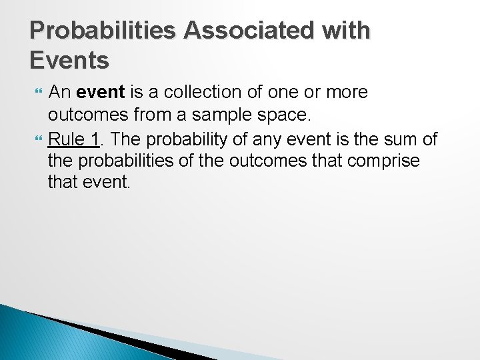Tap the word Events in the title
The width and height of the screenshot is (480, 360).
point(69,60)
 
